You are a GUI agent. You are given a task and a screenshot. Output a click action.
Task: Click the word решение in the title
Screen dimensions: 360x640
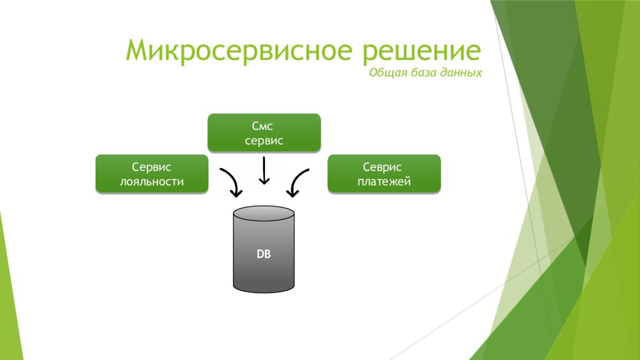tap(421, 51)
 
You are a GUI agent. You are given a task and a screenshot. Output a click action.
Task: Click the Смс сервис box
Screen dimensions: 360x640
tap(264, 133)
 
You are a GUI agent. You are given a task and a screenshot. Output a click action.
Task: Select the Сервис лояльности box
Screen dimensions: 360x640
tap(151, 174)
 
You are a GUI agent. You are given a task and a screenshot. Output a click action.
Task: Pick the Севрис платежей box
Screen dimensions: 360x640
tap(384, 174)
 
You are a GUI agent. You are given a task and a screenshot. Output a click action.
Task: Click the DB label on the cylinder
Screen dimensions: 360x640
tap(264, 255)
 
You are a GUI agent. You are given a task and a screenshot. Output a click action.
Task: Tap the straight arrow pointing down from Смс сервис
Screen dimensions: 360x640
tap(264, 171)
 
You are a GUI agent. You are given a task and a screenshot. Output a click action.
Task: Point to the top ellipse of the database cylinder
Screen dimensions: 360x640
tap(264, 212)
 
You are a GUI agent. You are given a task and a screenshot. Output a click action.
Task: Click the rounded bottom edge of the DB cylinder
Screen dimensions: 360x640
tap(264, 290)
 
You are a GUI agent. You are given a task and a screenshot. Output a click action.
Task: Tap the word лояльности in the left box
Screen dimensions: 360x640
tap(151, 182)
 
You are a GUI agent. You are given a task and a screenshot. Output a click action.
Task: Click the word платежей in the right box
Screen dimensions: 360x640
tap(384, 182)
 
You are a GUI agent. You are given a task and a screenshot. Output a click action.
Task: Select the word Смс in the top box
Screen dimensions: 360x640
tap(264, 126)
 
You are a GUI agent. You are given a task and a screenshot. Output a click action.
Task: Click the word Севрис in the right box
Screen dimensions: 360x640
tap(384, 167)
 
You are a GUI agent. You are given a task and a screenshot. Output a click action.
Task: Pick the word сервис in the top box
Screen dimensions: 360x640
tap(264, 141)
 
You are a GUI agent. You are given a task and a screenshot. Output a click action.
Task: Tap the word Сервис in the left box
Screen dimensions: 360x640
tap(151, 167)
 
